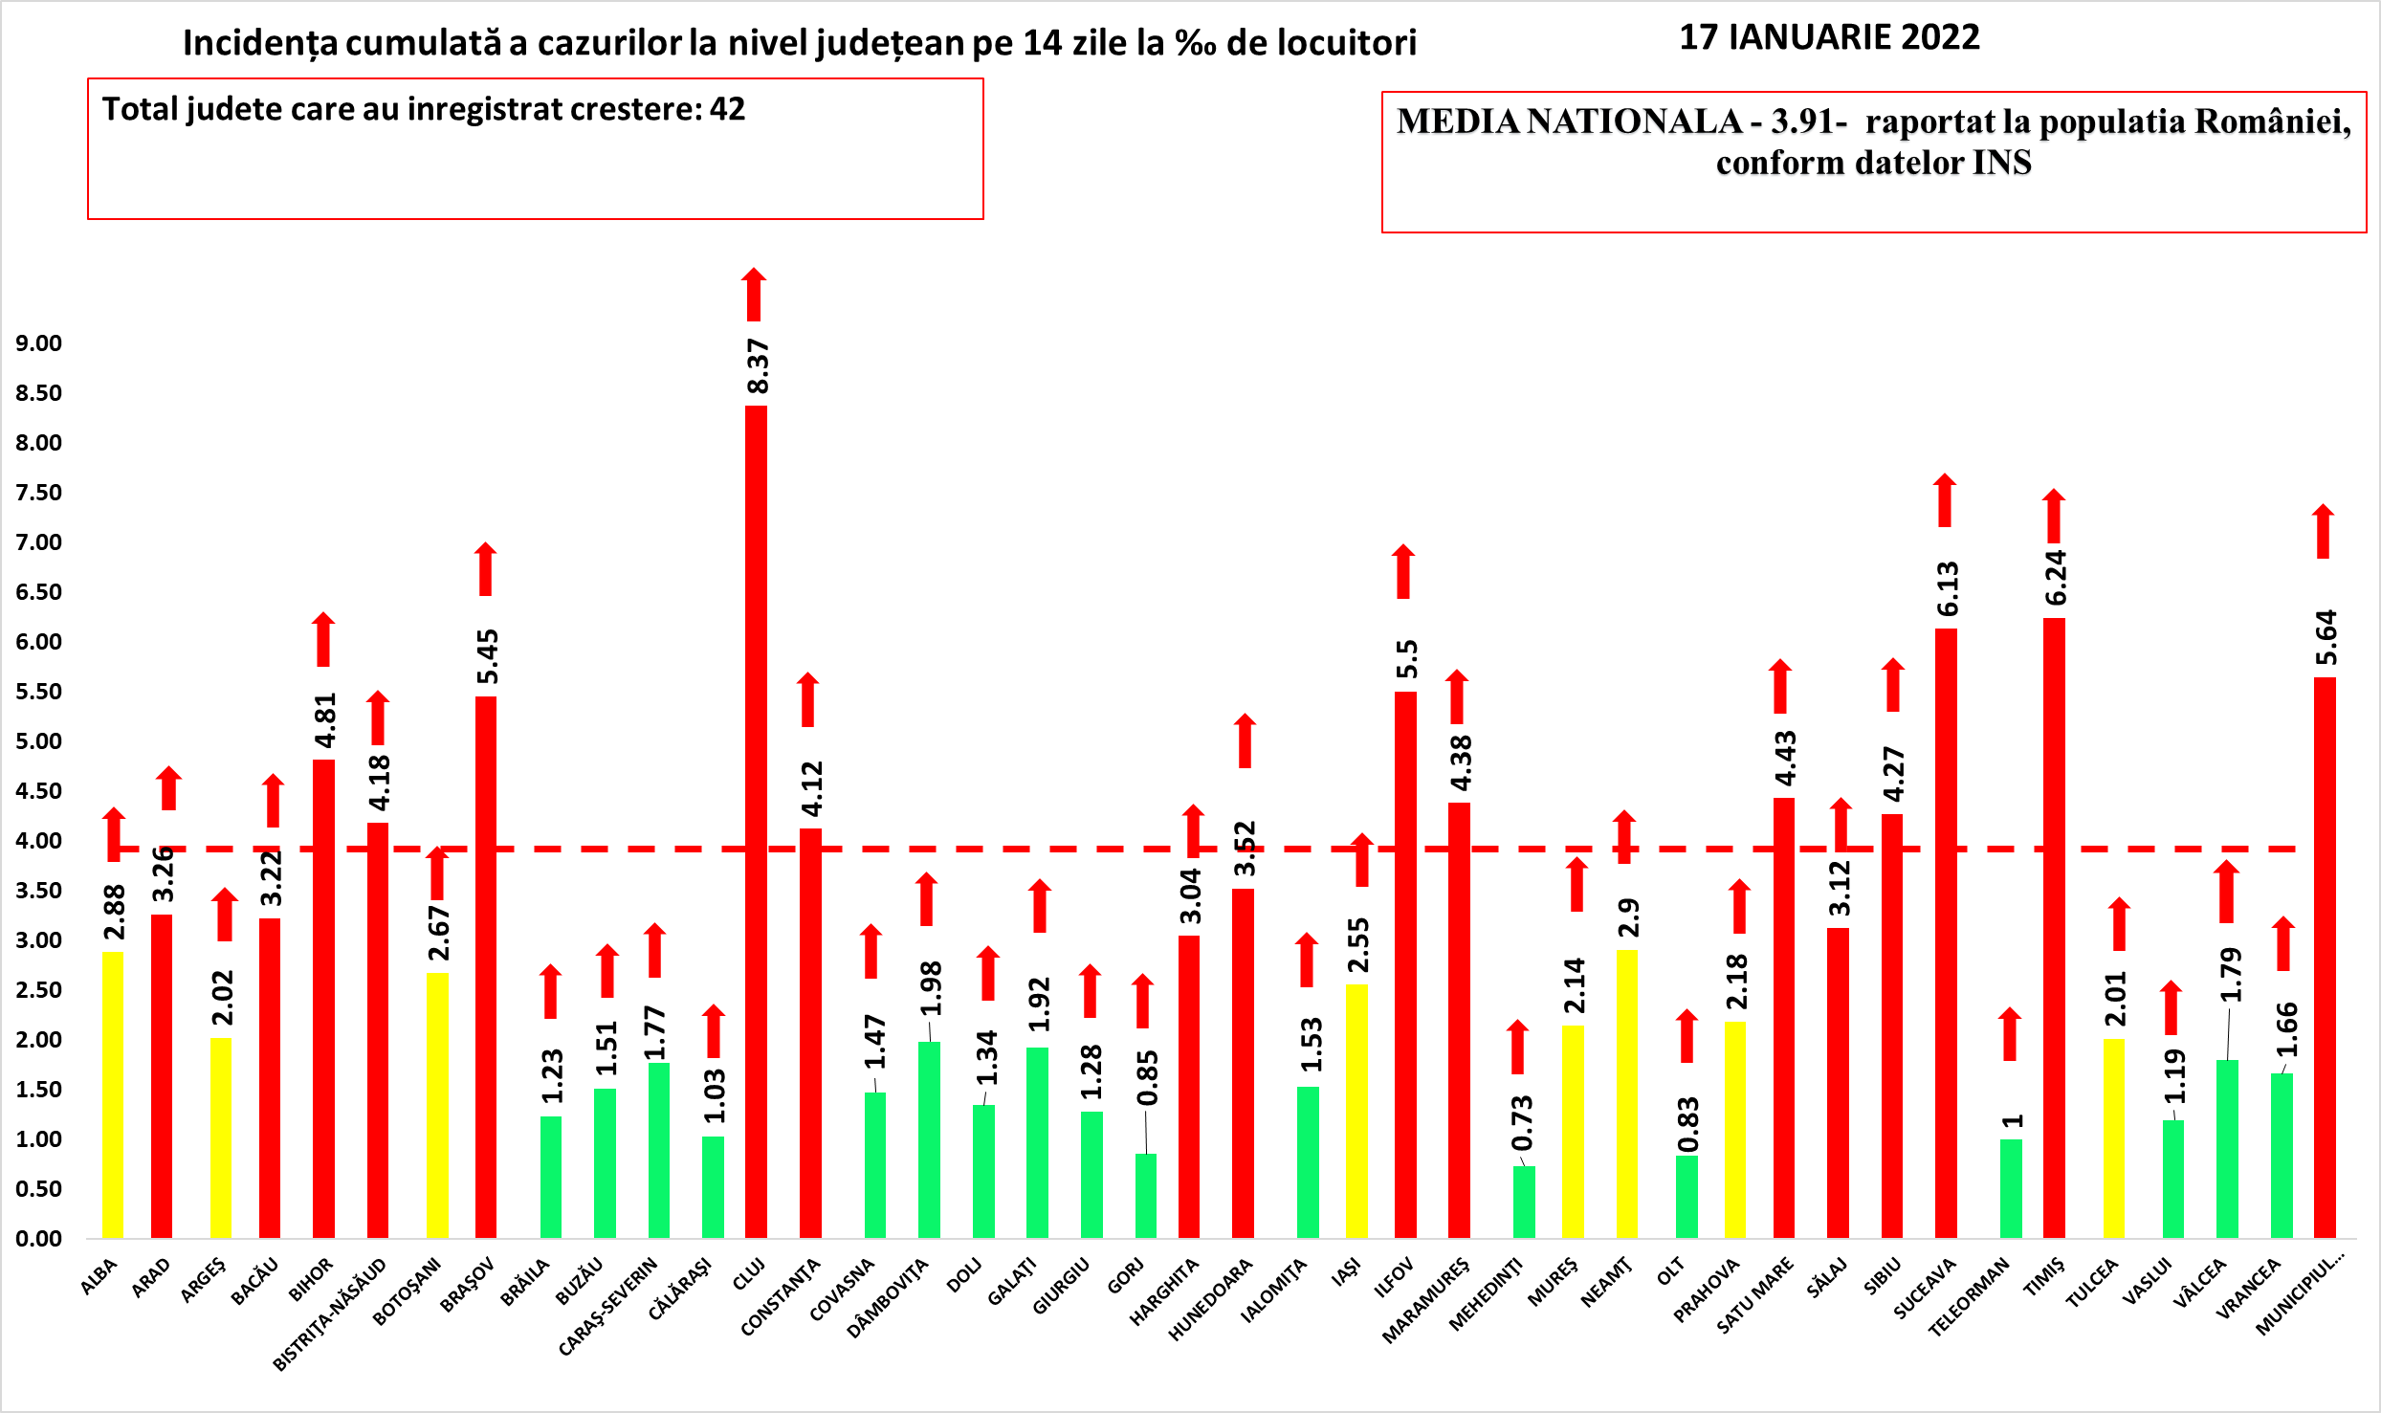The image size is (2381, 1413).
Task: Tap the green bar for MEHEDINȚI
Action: coord(1524,1202)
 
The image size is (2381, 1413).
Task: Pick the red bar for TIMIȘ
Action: coord(2054,927)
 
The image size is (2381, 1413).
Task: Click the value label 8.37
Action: coord(758,366)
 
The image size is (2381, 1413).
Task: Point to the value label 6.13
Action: coord(1948,588)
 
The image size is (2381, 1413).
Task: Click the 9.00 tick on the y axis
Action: coord(38,343)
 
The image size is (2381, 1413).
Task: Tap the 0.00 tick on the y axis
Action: coord(38,1239)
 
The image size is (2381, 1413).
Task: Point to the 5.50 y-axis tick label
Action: coord(38,692)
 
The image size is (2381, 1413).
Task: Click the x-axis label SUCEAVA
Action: coord(1925,1290)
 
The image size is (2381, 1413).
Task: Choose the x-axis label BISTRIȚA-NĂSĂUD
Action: coord(330,1314)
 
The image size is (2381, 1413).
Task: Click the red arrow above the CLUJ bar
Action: coord(754,295)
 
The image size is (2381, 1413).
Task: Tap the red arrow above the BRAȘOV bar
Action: coord(486,569)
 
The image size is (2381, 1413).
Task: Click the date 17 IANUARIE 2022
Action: coord(1829,37)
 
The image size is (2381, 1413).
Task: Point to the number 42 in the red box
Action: coord(727,109)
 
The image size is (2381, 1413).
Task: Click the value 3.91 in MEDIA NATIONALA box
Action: coord(1800,121)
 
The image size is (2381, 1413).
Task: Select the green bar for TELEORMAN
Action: coord(2011,1188)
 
